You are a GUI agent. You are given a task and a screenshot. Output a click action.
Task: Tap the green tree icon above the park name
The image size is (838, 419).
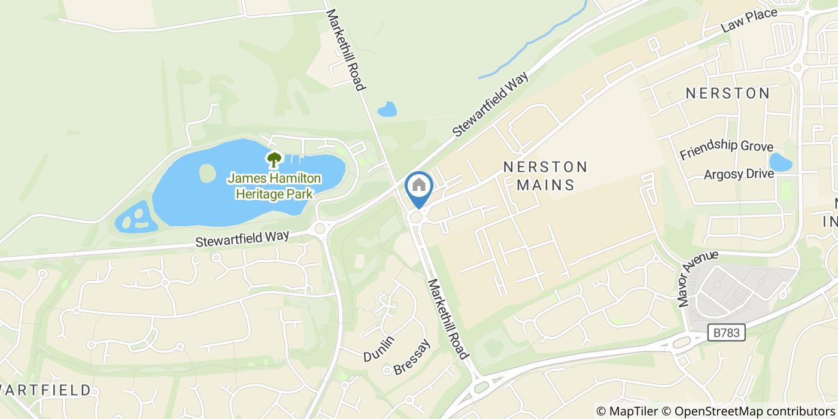tap(274, 160)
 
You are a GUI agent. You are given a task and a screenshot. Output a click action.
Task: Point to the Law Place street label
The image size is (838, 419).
tap(749, 20)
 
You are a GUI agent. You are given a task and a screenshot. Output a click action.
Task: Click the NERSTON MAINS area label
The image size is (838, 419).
tap(545, 175)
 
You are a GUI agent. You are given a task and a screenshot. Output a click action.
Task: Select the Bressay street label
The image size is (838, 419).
tap(412, 357)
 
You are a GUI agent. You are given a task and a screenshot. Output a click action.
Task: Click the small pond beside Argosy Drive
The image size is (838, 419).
tap(780, 162)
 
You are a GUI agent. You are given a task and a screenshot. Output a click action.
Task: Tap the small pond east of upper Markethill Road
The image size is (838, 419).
tap(387, 109)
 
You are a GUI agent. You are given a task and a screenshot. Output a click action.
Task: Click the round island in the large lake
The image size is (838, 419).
tap(207, 173)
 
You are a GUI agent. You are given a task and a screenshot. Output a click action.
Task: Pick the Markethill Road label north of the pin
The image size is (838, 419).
tap(345, 50)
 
